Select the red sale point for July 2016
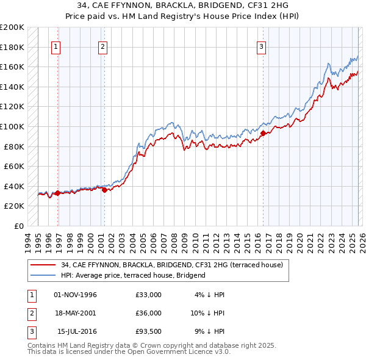tap(263, 133)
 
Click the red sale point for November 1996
tap(57, 193)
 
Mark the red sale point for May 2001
tap(104, 190)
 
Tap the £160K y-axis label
tap(12, 67)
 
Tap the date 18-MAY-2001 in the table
tap(76, 312)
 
